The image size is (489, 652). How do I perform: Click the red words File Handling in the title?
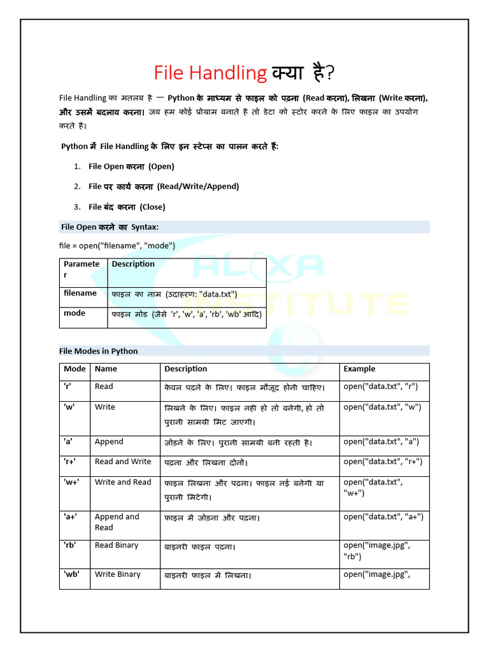point(210,73)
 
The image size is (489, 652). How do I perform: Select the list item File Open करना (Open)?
point(131,166)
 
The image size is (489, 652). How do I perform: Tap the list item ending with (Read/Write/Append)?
point(164,187)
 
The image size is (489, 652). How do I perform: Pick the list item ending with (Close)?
point(127,207)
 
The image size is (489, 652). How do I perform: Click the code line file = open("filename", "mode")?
point(117,246)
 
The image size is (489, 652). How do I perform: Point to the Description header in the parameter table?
point(133,264)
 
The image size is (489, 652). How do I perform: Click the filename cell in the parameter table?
point(80,294)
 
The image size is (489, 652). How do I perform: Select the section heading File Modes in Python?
point(99,351)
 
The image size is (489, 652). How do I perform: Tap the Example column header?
point(359,369)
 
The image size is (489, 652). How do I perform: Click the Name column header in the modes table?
point(106,369)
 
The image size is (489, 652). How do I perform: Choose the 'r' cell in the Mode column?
point(68,386)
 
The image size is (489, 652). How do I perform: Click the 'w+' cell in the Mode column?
point(71,482)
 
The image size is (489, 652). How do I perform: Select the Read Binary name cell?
point(117,545)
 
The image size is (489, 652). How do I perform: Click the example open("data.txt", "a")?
point(381,442)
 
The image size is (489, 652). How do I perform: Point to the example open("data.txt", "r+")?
point(383,462)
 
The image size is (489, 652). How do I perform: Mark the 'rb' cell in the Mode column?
point(69,545)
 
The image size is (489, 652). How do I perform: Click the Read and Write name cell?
point(123,462)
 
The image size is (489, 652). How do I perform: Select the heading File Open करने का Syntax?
point(110,227)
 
